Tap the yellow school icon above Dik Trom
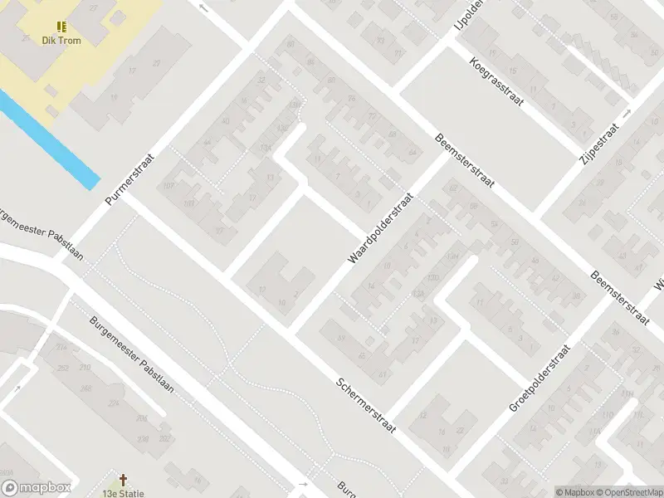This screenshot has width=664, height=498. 60,26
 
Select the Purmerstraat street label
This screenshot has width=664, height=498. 132,178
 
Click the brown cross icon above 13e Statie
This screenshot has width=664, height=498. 124,480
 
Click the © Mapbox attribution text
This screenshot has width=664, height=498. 574,492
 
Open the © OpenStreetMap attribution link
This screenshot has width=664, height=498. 627,492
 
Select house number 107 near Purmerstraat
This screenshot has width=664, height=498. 168,186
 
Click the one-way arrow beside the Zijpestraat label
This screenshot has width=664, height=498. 627,113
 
